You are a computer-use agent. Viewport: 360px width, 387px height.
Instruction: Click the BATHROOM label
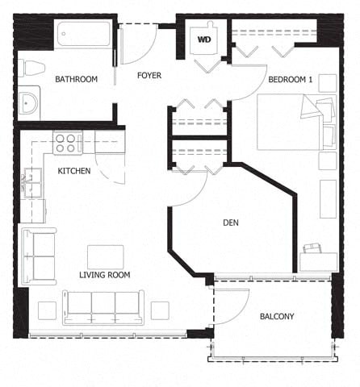pyautogui.click(x=76, y=79)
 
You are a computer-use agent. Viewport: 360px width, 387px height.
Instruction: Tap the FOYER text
pyautogui.click(x=149, y=76)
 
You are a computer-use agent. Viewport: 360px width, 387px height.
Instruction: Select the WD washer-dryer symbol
pyautogui.click(x=204, y=38)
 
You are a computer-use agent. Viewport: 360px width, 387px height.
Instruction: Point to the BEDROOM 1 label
pyautogui.click(x=291, y=79)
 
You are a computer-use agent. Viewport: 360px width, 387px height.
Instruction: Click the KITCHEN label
pyautogui.click(x=73, y=171)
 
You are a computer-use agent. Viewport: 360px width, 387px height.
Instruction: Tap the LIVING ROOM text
pyautogui.click(x=104, y=275)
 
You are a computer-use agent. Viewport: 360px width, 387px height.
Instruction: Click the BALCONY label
pyautogui.click(x=277, y=316)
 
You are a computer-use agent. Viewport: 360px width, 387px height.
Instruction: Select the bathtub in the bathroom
pyautogui.click(x=83, y=35)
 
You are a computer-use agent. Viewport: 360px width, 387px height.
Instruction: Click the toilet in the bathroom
pyautogui.click(x=31, y=68)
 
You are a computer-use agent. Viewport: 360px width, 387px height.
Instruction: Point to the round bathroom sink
pyautogui.click(x=29, y=103)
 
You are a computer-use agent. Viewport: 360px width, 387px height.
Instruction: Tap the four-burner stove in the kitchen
pyautogui.click(x=68, y=144)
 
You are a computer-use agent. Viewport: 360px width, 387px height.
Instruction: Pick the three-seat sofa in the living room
pyautogui.click(x=103, y=307)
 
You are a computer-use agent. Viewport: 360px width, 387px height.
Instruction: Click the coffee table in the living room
pyautogui.click(x=106, y=256)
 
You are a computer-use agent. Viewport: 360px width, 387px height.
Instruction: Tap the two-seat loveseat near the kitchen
pyautogui.click(x=39, y=256)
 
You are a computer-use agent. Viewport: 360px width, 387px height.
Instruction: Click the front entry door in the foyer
pyautogui.click(x=139, y=44)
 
